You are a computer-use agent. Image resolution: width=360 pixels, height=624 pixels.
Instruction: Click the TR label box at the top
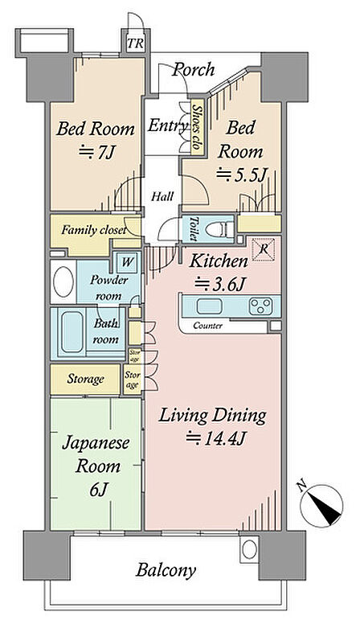[x=135, y=43]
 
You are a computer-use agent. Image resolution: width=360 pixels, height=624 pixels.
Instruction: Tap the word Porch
[x=194, y=70]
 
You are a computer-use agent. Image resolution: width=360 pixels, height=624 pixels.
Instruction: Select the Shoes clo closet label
[x=196, y=127]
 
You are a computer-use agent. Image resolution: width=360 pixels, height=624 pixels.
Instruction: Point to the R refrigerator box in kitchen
[x=264, y=249]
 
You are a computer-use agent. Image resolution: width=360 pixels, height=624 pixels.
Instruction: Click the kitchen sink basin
[x=209, y=306]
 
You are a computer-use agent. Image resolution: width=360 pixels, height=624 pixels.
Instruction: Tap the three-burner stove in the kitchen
[x=261, y=306]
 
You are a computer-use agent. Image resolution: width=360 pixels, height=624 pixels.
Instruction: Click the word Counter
[x=207, y=326]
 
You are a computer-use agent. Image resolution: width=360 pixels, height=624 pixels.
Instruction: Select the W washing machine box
[x=127, y=262]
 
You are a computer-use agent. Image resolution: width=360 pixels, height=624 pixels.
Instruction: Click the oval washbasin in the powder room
[x=63, y=281]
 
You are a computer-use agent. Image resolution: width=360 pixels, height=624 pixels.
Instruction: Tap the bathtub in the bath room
[x=72, y=332]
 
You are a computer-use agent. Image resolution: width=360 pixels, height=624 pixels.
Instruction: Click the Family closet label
[x=94, y=230]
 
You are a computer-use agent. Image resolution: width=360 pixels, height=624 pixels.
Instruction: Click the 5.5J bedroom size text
[x=240, y=174]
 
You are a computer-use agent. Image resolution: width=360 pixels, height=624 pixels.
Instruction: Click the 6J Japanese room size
[x=97, y=490]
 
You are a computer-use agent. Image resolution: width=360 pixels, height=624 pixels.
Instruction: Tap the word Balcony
[x=166, y=570]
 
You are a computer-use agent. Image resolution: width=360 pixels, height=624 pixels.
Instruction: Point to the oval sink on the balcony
[x=249, y=549]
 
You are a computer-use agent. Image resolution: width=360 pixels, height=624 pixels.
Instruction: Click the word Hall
[x=162, y=196]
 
